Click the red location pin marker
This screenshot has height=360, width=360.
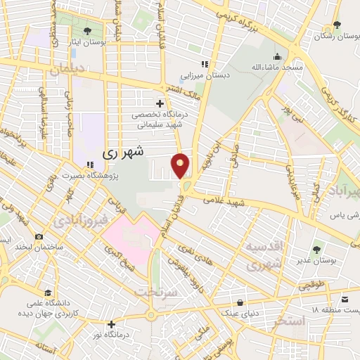click(x=181, y=165)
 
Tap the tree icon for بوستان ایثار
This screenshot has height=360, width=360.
click(x=87, y=31)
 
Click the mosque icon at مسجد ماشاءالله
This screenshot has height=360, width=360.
click(x=279, y=57)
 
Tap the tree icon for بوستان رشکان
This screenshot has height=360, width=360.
click(x=337, y=25)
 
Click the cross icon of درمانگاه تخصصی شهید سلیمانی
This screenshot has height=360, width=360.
click(x=160, y=103)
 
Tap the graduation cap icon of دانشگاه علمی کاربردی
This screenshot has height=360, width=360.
click(x=48, y=292)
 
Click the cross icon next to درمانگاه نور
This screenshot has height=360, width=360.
click(x=111, y=324)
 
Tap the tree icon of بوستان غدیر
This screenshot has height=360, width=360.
click(x=316, y=249)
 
